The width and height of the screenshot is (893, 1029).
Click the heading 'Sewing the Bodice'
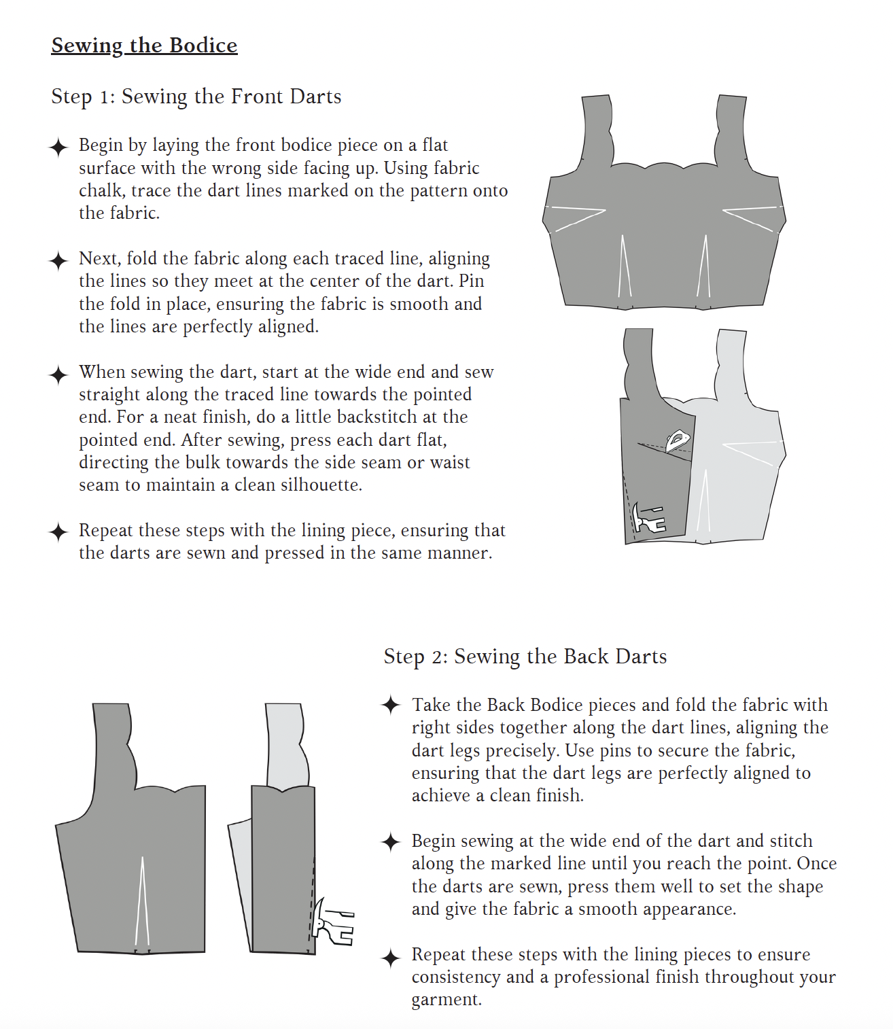tap(144, 46)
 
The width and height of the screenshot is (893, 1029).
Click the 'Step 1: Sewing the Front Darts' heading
tap(196, 97)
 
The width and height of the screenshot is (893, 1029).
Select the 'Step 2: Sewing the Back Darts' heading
tap(525, 657)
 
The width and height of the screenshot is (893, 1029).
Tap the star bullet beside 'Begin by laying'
tap(59, 147)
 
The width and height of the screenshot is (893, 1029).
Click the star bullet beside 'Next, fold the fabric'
tap(59, 260)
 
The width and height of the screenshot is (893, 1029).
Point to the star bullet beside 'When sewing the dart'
tap(59, 374)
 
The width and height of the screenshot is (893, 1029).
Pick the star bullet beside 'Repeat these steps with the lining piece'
tap(59, 532)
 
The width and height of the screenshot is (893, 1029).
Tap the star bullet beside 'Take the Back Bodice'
tap(391, 705)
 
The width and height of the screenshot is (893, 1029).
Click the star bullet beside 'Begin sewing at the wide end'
tap(391, 843)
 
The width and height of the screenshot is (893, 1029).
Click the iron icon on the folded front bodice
tap(678, 440)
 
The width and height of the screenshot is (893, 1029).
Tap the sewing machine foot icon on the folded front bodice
tap(648, 519)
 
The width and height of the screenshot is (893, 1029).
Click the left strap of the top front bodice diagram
tap(597, 129)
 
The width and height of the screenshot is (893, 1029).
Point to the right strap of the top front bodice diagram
tap(733, 129)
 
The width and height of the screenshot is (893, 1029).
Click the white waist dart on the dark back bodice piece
tap(142, 904)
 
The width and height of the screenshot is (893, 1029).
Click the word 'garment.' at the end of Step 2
tap(446, 1000)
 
